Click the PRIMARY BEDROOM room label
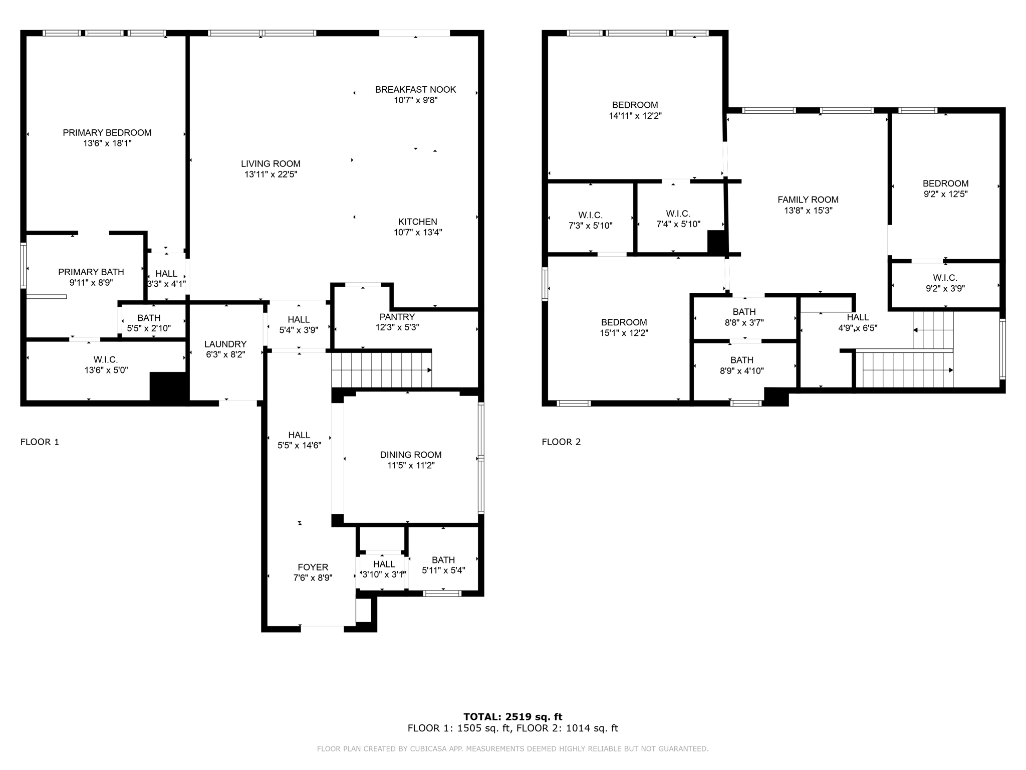(107, 133)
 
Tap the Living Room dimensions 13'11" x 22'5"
(271, 174)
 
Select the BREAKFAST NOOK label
(415, 90)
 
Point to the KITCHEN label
(417, 222)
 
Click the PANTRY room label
(397, 317)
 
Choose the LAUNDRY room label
(225, 344)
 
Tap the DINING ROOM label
(410, 455)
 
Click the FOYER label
(313, 567)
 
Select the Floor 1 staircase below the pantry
(381, 370)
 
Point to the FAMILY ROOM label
(808, 200)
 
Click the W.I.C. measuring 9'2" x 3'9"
(945, 283)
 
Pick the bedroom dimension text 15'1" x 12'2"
(624, 333)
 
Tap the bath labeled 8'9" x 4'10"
(741, 365)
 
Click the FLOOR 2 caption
(561, 442)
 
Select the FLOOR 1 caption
(40, 442)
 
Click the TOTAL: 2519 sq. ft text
(512, 716)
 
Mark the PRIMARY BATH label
(91, 272)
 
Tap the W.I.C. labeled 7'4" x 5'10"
(678, 219)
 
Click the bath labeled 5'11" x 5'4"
(443, 565)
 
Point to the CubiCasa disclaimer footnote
(512, 749)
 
